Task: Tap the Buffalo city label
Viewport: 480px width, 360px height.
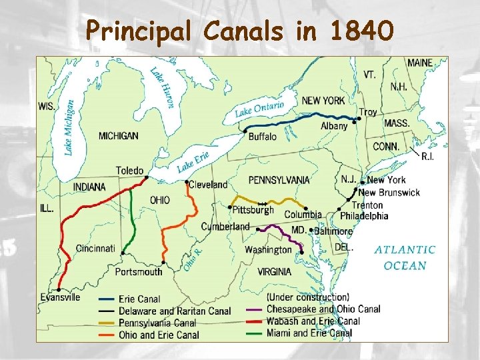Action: [262, 137]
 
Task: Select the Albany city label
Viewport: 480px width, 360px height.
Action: [334, 126]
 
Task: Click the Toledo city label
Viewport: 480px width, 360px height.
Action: [129, 171]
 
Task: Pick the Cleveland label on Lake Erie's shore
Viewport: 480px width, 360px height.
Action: [208, 185]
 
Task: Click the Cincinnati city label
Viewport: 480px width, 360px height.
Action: [95, 249]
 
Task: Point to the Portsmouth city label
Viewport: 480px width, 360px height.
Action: [139, 271]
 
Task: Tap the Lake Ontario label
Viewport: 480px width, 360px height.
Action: [259, 109]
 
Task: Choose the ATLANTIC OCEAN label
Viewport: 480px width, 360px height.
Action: [405, 257]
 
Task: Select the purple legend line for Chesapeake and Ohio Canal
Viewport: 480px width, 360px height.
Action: [253, 309]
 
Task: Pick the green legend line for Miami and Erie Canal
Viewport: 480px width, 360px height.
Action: [253, 333]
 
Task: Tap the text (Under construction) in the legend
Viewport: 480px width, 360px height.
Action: [307, 297]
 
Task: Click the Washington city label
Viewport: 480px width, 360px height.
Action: [268, 250]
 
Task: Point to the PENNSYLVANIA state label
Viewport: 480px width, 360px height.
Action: [279, 180]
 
